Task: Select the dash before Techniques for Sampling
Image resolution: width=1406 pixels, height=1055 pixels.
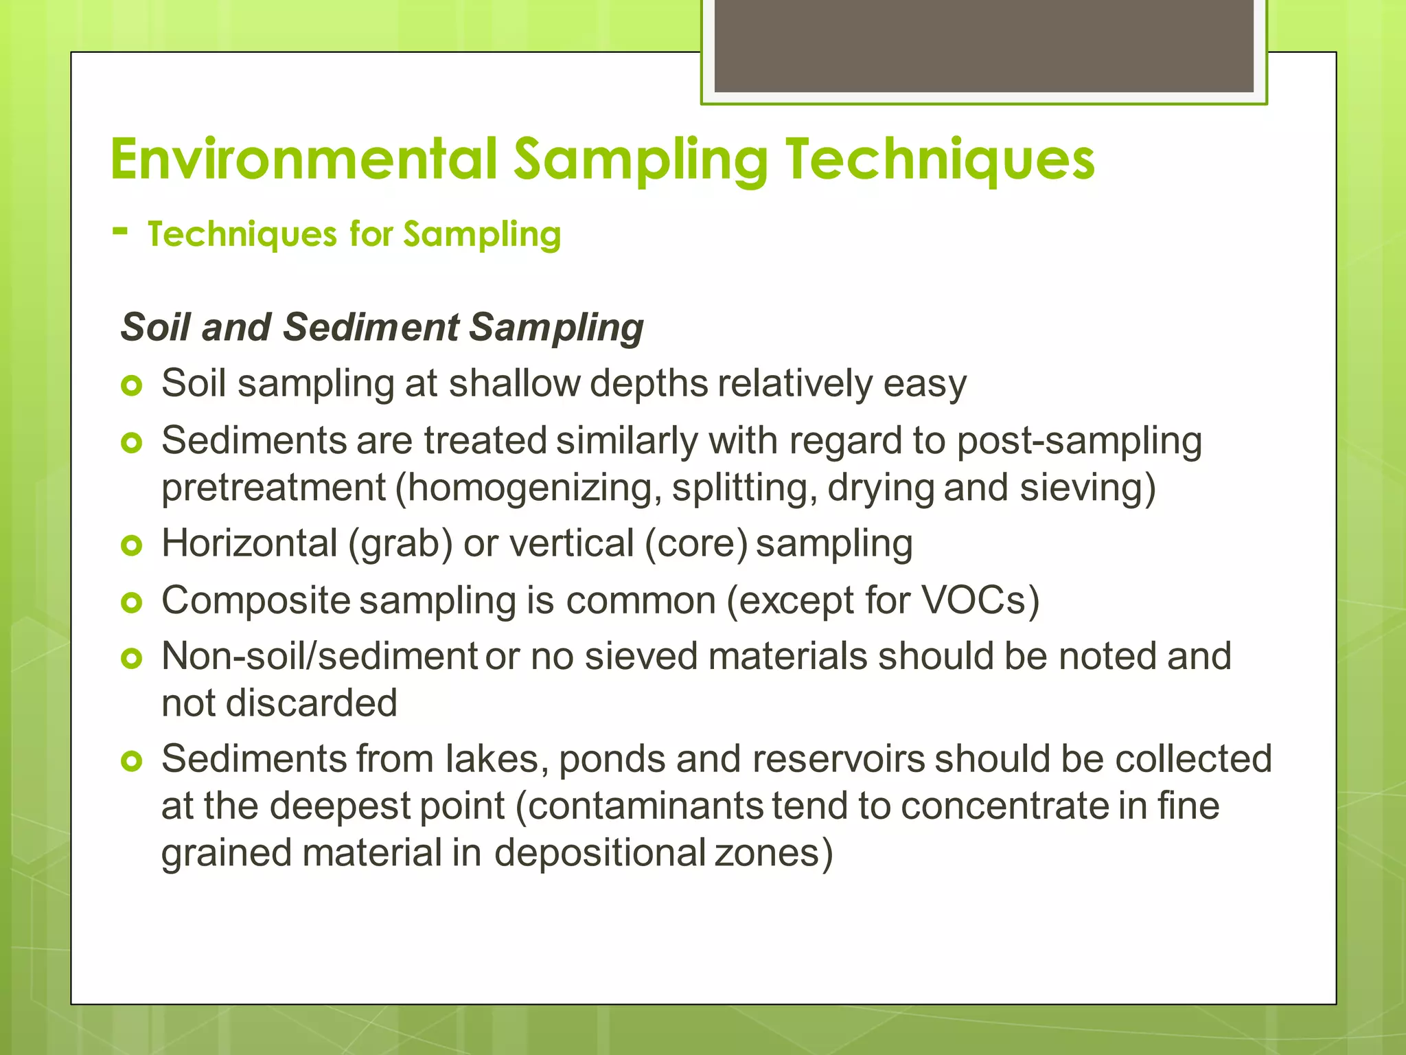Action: (120, 231)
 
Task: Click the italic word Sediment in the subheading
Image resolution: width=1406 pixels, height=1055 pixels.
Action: (371, 327)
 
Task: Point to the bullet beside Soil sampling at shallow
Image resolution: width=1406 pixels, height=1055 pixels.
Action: (131, 385)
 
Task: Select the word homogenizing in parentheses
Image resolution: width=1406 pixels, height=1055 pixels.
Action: (529, 488)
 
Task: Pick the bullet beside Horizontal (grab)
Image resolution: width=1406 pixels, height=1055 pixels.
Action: (131, 546)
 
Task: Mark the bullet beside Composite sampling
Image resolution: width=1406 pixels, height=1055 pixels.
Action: (131, 603)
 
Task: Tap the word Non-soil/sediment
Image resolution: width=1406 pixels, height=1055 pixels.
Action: (319, 656)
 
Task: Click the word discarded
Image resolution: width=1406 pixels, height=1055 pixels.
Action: (312, 703)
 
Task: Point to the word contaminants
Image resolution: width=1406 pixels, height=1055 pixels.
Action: (645, 806)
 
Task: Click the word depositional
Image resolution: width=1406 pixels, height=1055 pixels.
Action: (600, 853)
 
